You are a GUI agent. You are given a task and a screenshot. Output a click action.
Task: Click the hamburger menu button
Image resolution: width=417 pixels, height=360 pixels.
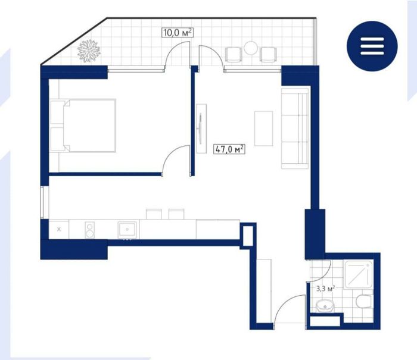372,46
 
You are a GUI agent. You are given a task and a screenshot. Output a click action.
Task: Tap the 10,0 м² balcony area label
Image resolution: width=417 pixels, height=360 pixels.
177,33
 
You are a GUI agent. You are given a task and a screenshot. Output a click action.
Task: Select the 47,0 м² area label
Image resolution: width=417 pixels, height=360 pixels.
229,149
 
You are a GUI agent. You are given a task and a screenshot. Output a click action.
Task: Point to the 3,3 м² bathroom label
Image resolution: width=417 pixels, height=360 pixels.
325,289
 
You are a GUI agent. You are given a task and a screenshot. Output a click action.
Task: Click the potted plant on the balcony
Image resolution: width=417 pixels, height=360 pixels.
89,51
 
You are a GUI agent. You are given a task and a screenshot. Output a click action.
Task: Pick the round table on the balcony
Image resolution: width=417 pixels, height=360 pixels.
251,48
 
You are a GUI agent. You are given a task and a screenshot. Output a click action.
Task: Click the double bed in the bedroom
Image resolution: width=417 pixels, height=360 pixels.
83,126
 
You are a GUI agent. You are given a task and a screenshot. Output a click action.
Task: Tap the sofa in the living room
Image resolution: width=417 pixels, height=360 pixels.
295,129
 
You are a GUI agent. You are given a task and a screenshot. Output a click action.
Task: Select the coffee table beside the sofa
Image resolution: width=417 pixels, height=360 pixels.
263,129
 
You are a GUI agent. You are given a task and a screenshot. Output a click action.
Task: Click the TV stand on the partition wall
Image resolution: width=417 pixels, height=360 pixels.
201,129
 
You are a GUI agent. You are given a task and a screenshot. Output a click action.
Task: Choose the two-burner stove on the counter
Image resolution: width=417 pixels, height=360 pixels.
89,230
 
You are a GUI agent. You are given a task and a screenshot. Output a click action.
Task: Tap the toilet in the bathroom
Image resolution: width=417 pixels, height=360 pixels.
363,302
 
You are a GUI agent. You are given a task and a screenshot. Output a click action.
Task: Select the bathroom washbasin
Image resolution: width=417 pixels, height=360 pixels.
325,306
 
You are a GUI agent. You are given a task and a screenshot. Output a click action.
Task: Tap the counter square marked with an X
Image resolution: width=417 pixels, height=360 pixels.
59,229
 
